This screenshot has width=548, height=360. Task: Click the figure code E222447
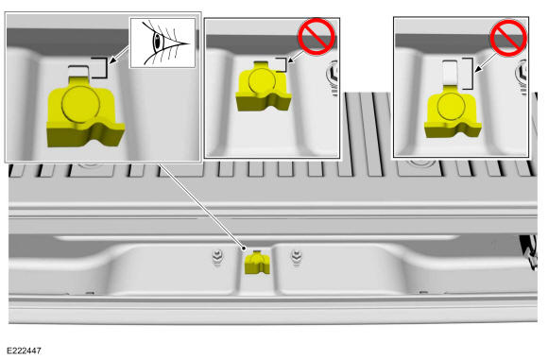coord(25,351)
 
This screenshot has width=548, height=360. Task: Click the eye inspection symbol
coord(163,43)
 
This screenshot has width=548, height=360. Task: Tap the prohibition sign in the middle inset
coord(317,36)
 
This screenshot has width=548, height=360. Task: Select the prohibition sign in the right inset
coord(508,38)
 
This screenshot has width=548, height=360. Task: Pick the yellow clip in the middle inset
coord(264,86)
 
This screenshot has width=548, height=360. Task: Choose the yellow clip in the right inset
coord(452,111)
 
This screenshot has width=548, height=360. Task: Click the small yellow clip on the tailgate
coord(257,262)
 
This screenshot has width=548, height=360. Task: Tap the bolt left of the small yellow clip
coord(217,257)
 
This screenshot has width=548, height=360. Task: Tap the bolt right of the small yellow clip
coord(297,257)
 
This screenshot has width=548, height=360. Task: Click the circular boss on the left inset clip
coord(80,104)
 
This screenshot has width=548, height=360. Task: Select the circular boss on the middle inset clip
coord(262,81)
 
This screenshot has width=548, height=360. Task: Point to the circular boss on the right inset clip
coord(452,106)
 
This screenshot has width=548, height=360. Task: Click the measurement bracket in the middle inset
coord(285,65)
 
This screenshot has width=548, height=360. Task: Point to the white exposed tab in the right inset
coord(450,73)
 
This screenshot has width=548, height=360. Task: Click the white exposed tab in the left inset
coord(78,72)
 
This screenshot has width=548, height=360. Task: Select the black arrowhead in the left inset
coord(111,61)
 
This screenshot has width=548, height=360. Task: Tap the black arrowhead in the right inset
coord(477,69)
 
